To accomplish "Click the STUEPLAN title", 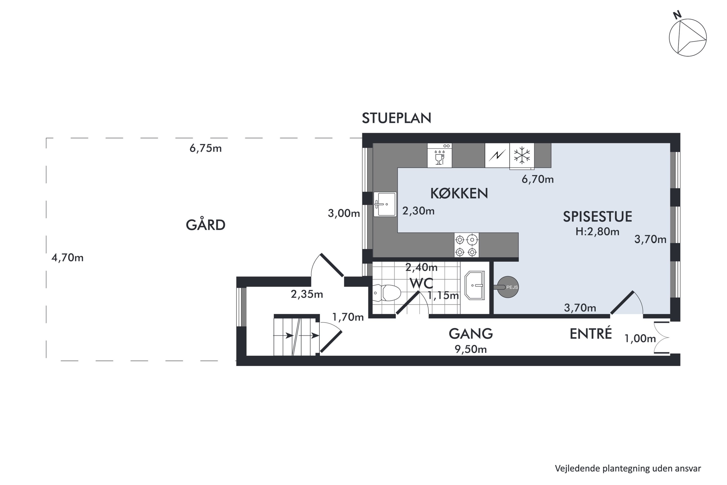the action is [x=396, y=118].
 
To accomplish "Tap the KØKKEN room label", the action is [x=459, y=194].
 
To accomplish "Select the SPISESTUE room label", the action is [x=597, y=217].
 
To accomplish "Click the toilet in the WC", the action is [x=386, y=293].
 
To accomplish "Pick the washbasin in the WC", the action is [x=475, y=285].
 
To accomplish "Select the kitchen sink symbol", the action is [x=385, y=204].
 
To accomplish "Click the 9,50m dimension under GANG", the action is [x=470, y=349].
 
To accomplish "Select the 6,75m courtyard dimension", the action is [x=205, y=148].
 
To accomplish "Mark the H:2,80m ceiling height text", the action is [x=597, y=232].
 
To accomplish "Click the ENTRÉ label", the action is [x=591, y=334].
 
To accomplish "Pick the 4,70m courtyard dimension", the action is [x=67, y=258].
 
